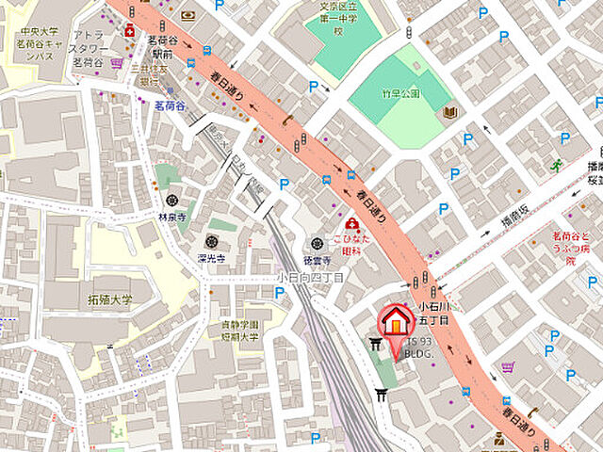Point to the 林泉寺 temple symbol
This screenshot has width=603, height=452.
pos(171,200)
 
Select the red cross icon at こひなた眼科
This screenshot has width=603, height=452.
pos(351,224)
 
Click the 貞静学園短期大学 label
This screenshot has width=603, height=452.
pos(235,331)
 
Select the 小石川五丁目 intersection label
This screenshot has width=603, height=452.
pos(436,314)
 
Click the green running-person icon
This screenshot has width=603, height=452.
pos(556,167)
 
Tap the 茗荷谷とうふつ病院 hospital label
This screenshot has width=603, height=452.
pos(578,248)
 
